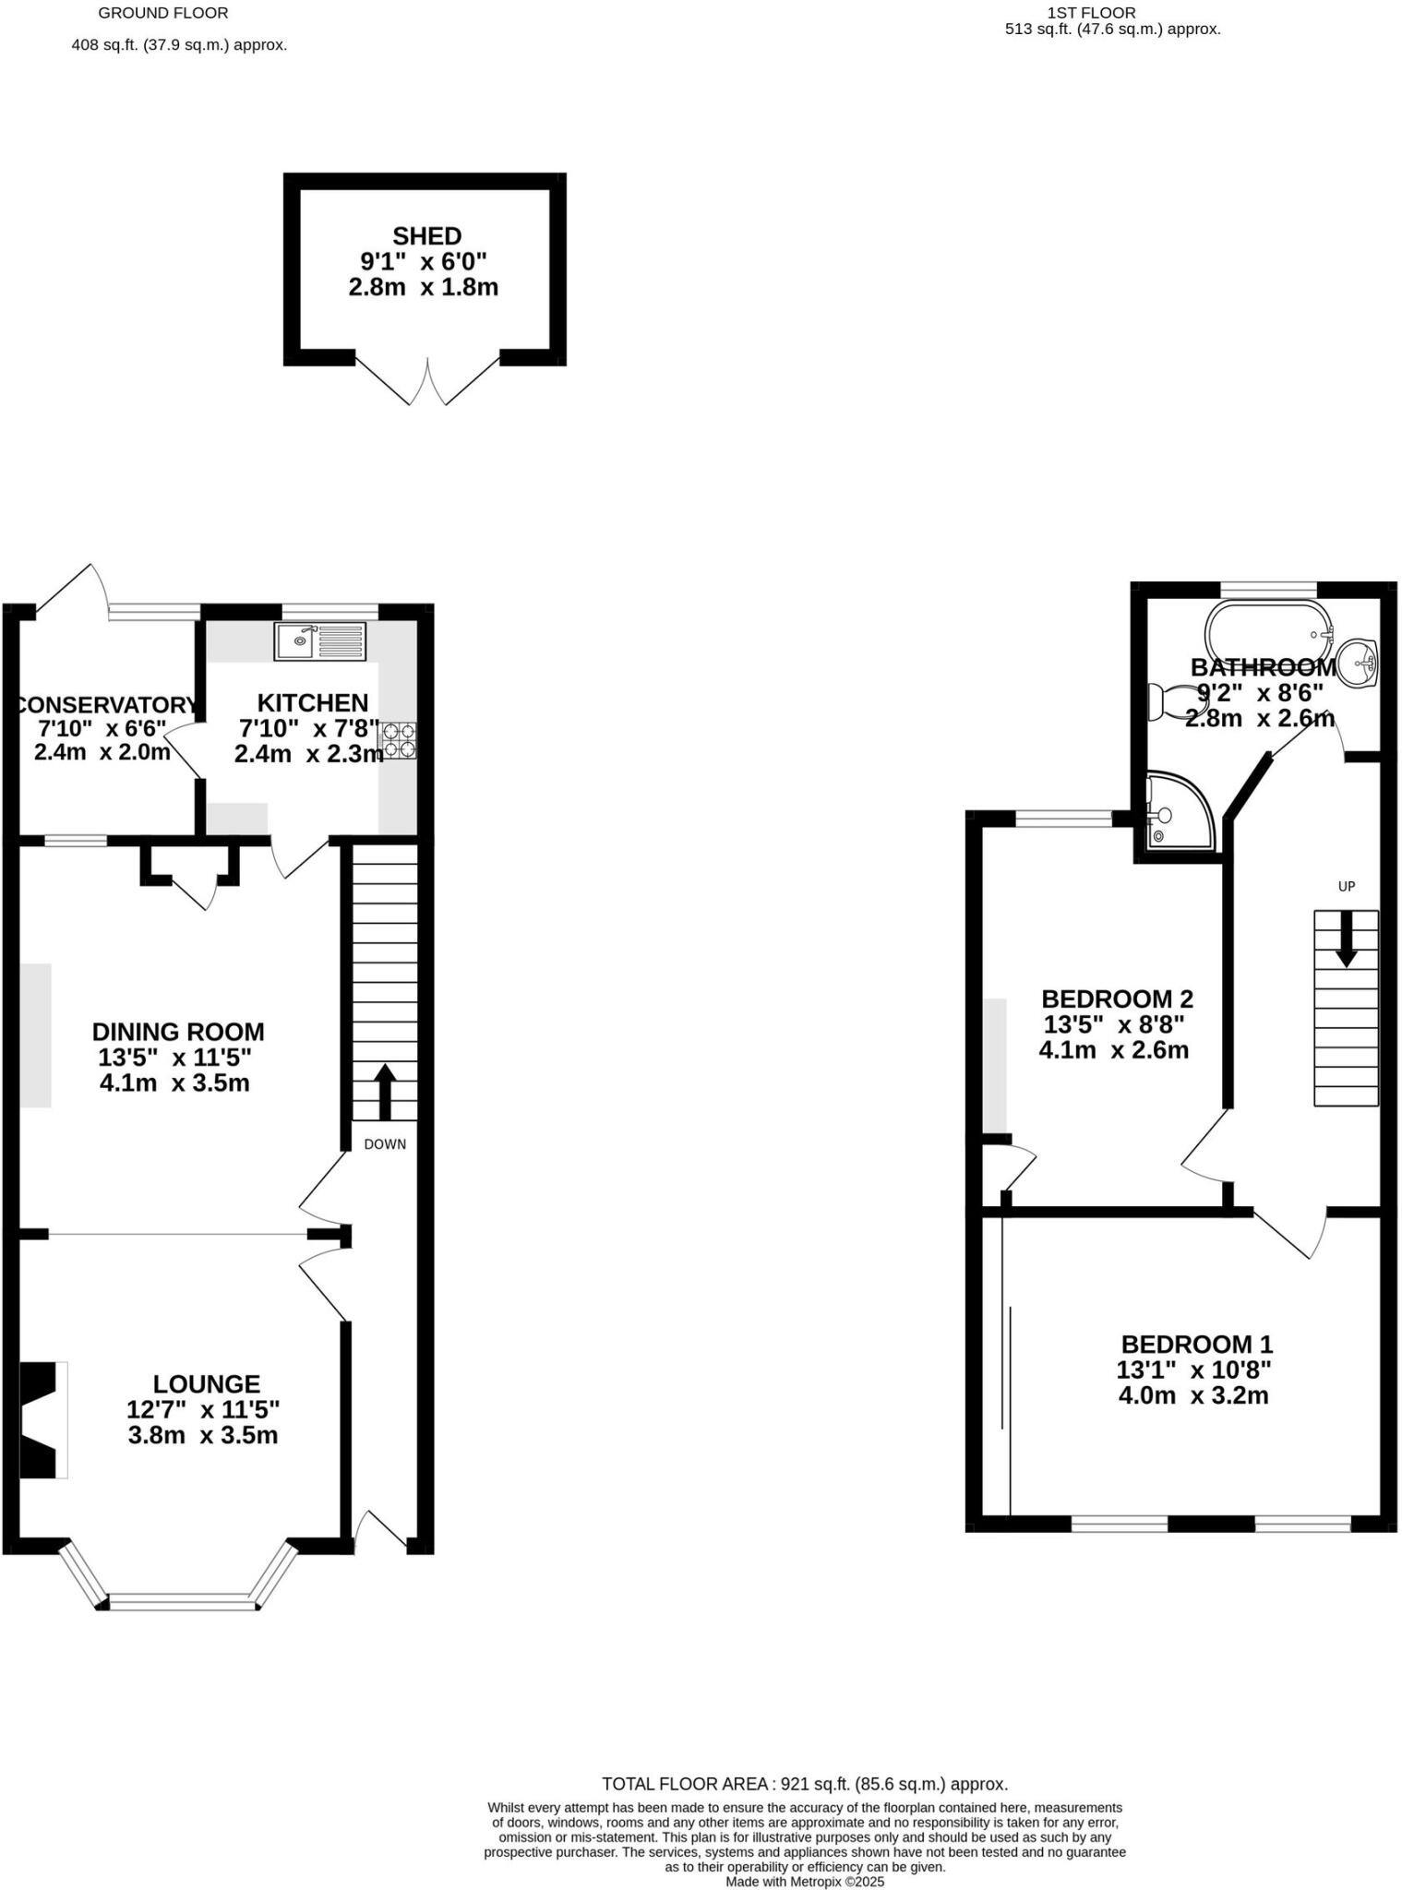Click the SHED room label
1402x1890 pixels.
click(426, 236)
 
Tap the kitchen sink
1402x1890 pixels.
click(320, 641)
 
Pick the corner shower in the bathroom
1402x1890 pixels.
click(1180, 813)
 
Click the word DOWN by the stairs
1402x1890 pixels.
click(385, 1144)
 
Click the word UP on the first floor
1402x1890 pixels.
click(1347, 887)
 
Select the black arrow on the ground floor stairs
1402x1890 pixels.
click(384, 1093)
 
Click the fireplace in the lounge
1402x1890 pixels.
click(43, 1420)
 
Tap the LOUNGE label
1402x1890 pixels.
click(207, 1384)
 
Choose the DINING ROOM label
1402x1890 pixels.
click(178, 1032)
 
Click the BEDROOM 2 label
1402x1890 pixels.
click(1117, 999)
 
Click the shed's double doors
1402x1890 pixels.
click(428, 381)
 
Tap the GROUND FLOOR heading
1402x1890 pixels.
click(163, 13)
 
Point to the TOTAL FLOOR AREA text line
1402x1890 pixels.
click(805, 1784)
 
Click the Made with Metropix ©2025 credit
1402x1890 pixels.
click(805, 1882)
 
